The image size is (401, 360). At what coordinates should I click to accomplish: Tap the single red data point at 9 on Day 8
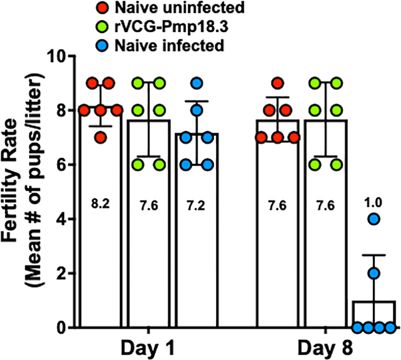277,83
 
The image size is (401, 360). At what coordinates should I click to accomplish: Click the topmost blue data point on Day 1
196,83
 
